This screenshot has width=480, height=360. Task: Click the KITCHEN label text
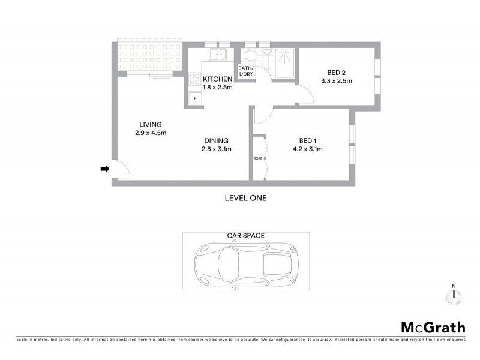[217, 79]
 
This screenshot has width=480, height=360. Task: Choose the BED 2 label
[335, 71]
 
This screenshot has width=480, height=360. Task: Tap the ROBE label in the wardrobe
[258, 159]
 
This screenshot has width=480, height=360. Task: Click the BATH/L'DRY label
[246, 71]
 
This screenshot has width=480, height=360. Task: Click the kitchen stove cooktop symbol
[194, 79]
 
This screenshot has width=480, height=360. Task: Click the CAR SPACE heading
[245, 236]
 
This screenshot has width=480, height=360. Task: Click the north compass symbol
[454, 295]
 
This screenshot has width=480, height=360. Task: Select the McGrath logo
[433, 328]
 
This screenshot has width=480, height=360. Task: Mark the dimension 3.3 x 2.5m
[336, 80]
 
